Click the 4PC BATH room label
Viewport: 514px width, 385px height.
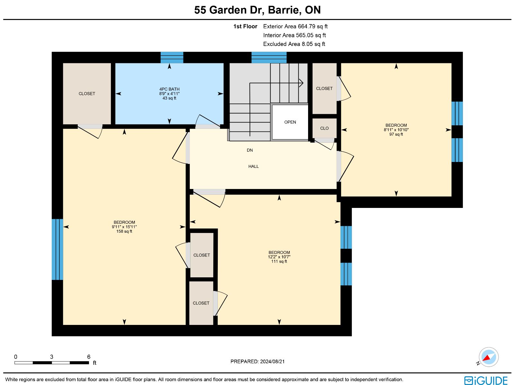click(169, 89)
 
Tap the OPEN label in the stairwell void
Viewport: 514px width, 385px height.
click(290, 122)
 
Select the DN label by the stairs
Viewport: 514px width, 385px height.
click(250, 150)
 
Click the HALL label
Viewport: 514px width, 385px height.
click(253, 166)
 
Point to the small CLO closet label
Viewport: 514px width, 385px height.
click(324, 128)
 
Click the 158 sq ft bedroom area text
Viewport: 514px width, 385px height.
click(124, 231)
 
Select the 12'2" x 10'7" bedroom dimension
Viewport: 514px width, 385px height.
click(279, 257)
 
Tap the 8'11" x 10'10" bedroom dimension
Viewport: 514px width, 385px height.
click(396, 130)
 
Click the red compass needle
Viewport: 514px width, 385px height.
click(487, 358)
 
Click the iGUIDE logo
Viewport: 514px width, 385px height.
click(486, 380)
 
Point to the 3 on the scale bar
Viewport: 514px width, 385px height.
click(51, 357)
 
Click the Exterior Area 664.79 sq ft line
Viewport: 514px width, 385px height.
click(295, 26)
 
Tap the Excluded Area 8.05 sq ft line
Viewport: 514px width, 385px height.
click(294, 44)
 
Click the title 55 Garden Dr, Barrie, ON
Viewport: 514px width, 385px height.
click(257, 10)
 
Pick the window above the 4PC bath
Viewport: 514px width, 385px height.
click(172, 58)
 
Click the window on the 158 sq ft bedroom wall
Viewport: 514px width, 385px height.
click(58, 249)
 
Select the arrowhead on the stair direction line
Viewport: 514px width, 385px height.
click(301, 83)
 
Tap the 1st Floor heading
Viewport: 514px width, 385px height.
click(245, 26)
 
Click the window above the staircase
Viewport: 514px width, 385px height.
click(269, 58)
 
